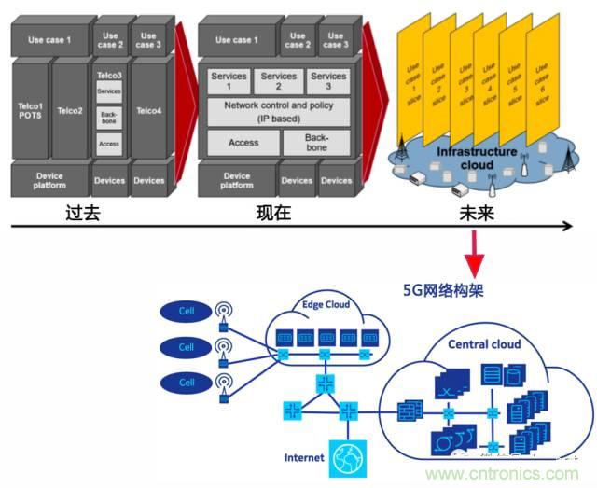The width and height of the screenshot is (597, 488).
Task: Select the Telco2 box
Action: pyautogui.click(x=70, y=111)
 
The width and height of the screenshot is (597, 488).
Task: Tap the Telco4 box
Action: pyautogui.click(x=148, y=111)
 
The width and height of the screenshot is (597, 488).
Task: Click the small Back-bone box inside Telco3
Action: pyautogui.click(x=109, y=118)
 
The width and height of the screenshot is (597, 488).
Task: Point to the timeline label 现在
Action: pyautogui.click(x=273, y=213)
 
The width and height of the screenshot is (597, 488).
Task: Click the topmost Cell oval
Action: pyautogui.click(x=187, y=310)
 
